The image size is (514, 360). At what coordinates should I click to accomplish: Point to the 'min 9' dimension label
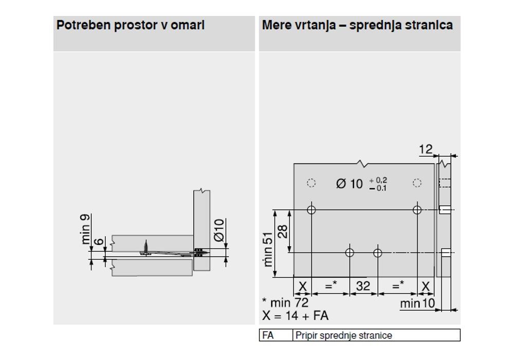[x=85, y=229]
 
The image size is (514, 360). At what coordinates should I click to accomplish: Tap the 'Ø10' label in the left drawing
[x=219, y=230]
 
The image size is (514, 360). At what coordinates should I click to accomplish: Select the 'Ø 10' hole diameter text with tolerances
[x=361, y=184]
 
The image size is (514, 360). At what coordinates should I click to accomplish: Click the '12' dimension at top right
[x=426, y=150]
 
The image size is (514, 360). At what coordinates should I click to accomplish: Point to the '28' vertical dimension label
[x=283, y=231]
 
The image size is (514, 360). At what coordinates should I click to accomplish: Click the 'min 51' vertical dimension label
[x=267, y=249]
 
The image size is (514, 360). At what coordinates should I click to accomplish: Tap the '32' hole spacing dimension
[x=363, y=286]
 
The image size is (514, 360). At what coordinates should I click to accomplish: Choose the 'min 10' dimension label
[x=417, y=303]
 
